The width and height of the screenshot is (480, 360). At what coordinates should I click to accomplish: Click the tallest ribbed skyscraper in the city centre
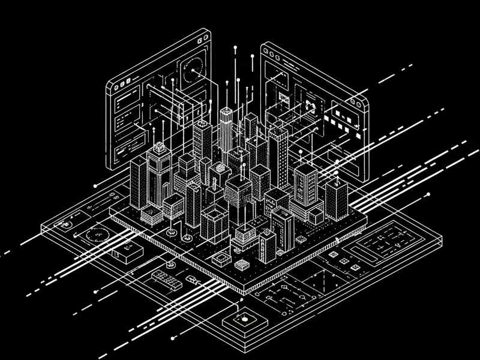[226, 129]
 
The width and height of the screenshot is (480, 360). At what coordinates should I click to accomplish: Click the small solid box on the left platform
[128, 253]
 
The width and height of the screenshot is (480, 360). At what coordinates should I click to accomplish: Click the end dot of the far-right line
[428, 195]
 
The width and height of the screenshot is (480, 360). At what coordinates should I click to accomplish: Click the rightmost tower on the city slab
[337, 198]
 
